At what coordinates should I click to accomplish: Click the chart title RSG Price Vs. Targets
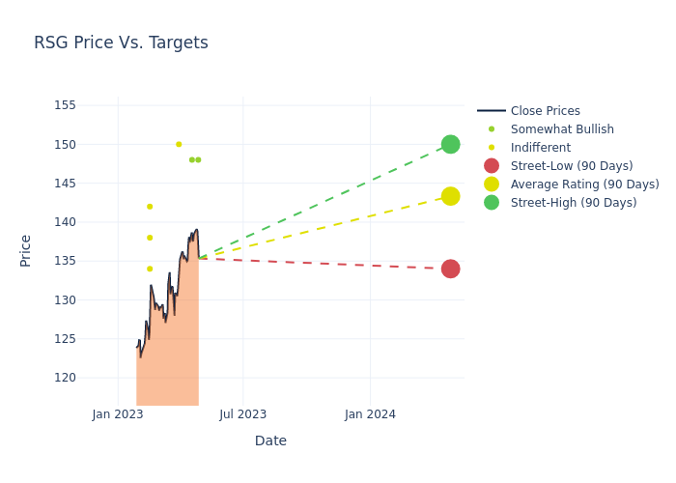click(x=121, y=43)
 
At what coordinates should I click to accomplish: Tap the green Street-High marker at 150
click(x=450, y=144)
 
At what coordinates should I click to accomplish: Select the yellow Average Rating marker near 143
click(x=450, y=196)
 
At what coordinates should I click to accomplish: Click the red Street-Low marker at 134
click(x=450, y=269)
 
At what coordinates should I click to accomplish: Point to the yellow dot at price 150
click(x=179, y=144)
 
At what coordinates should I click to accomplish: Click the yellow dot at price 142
click(x=150, y=207)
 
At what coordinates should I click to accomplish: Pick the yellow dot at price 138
click(x=150, y=238)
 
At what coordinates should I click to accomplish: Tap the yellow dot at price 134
click(x=150, y=269)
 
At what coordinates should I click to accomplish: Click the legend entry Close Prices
click(x=545, y=111)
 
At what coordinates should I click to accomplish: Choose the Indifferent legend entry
click(x=540, y=148)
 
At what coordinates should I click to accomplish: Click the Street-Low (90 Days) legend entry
click(x=571, y=166)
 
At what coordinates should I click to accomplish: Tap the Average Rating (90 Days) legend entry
click(x=584, y=185)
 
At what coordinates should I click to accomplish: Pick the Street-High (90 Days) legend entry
click(x=574, y=203)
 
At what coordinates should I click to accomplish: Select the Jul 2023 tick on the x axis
click(x=242, y=414)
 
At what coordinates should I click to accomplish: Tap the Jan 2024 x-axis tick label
click(x=370, y=414)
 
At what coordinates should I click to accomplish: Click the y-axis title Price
click(x=26, y=250)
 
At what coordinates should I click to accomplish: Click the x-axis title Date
click(x=270, y=440)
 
